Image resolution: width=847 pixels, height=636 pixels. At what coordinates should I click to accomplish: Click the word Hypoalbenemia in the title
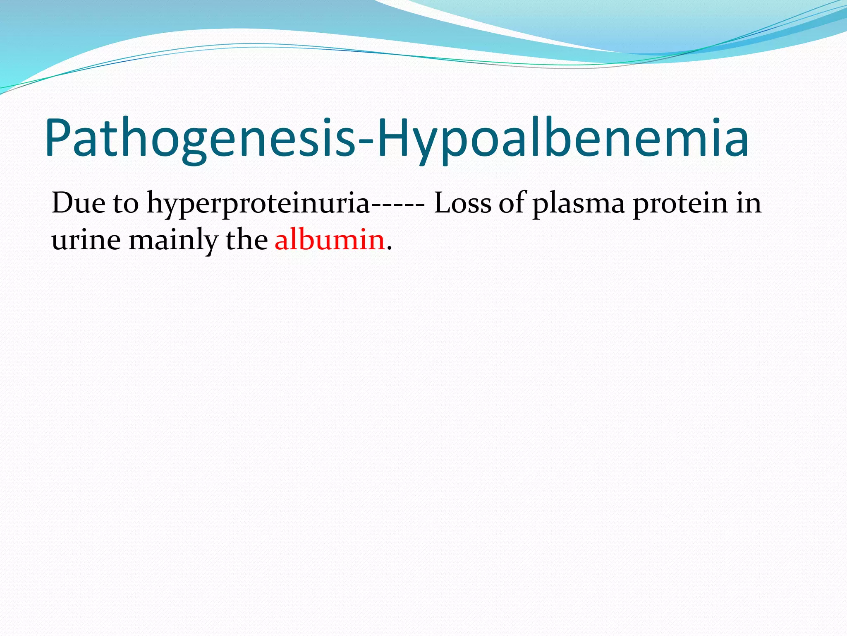tap(562, 139)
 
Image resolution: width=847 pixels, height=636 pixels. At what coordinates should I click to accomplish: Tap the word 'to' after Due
tap(126, 204)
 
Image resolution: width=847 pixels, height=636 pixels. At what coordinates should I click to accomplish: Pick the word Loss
tap(462, 203)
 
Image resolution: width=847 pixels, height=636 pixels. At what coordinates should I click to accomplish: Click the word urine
tap(86, 241)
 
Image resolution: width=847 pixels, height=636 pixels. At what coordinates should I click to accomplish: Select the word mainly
tap(173, 241)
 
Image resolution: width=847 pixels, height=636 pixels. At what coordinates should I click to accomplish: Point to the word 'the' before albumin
tap(246, 240)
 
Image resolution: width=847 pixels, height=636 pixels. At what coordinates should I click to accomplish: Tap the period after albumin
tap(389, 248)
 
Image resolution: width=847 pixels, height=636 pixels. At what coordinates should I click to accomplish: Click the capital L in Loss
tap(441, 203)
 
